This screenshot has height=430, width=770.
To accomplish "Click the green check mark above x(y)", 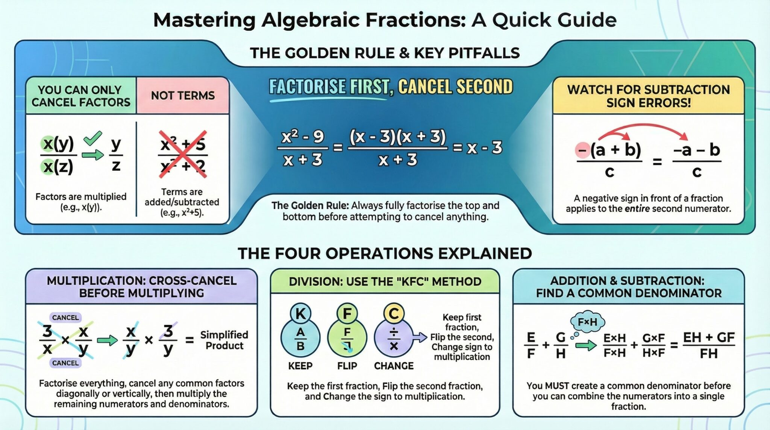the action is coord(93,138).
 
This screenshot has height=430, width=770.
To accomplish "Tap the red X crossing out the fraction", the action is coord(183,154).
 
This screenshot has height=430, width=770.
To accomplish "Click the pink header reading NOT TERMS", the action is coord(183,96).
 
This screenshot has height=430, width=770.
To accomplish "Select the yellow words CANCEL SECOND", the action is coord(455,87).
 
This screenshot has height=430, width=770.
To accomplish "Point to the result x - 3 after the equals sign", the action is coord(484,148).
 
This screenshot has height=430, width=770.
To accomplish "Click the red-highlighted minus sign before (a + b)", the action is coord(582,150).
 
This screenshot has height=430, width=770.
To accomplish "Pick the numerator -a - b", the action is coord(697,150).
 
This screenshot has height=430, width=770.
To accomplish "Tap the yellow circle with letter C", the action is coord(394,313).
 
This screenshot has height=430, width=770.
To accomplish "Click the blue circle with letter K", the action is coord(300,313).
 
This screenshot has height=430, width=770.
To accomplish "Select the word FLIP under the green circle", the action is coord(347,366).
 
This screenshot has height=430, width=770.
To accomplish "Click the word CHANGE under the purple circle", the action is coord(394,366).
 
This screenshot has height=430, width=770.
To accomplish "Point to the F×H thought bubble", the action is coord(587,322).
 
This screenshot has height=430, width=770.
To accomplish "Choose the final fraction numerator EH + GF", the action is coord(709,337).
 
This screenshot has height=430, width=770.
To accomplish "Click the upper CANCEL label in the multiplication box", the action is coord(65,318).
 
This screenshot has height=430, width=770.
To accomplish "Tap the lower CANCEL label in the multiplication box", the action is coord(65,363).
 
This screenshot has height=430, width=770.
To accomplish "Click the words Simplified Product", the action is coord(224,340).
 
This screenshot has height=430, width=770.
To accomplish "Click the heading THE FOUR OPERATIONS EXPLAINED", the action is coord(385,254).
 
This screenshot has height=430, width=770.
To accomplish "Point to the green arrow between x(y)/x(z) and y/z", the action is coord(92,155).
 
